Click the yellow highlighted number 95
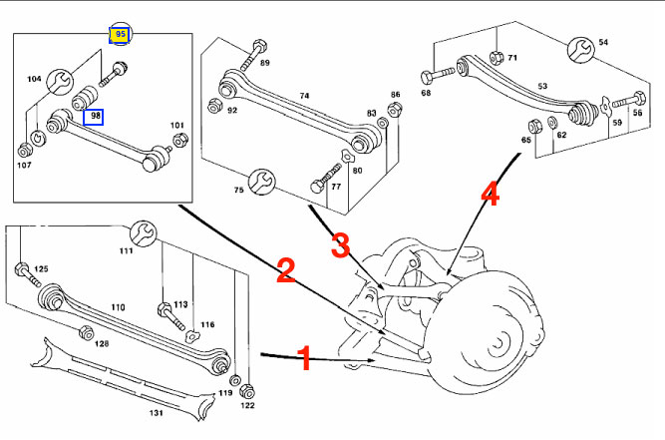pos(120,35)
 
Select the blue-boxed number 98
pos(94,117)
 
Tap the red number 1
pos(305,358)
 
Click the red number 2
pos(286,270)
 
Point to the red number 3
pos(341,245)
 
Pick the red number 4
pos(491,194)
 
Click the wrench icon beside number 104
pos(60,82)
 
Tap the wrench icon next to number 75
pos(261,182)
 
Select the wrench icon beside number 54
pos(581,50)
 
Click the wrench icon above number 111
pos(143,233)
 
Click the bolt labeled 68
pos(437,75)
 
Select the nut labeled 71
pos(497,57)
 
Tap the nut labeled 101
pos(181,139)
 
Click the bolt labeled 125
pos(28,274)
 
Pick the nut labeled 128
pos(86,332)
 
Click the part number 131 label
pos(156,412)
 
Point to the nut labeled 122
pos(247,391)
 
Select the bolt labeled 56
pos(630,100)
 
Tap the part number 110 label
pos(118,307)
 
